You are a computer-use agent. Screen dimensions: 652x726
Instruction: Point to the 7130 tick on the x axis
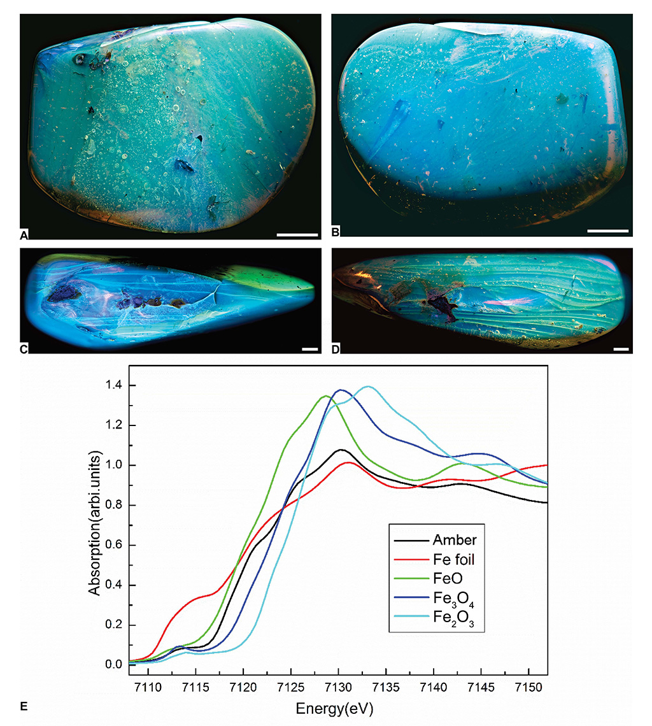pyautogui.click(x=338, y=687)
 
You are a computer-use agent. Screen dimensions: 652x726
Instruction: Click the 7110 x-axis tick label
pyautogui.click(x=148, y=687)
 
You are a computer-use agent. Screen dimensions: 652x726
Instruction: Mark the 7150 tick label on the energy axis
pyautogui.click(x=528, y=687)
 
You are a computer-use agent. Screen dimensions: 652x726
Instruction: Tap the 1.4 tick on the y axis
pyautogui.click(x=114, y=385)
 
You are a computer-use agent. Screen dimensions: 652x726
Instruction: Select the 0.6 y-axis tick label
pyautogui.click(x=114, y=545)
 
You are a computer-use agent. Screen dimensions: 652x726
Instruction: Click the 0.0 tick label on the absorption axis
pyautogui.click(x=114, y=664)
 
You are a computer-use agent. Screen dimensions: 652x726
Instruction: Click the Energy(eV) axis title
pyautogui.click(x=334, y=708)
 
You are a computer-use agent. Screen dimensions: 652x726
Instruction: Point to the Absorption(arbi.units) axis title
pyautogui.click(x=94, y=522)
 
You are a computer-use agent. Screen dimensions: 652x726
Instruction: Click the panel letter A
pyautogui.click(x=24, y=236)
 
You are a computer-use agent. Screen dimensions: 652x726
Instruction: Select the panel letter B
pyautogui.click(x=336, y=232)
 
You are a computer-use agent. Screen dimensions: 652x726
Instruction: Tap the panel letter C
pyautogui.click(x=24, y=349)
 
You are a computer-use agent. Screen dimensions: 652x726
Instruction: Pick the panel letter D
pyautogui.click(x=336, y=349)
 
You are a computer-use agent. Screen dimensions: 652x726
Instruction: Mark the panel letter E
pyautogui.click(x=24, y=706)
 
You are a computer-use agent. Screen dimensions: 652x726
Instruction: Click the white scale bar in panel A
pyautogui.click(x=297, y=235)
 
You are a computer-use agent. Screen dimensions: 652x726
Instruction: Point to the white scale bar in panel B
pyautogui.click(x=607, y=231)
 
